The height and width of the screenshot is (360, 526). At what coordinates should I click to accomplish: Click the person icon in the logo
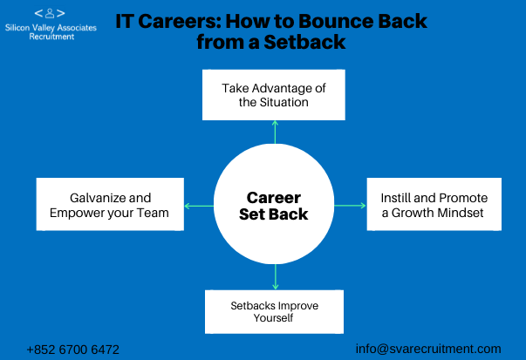click(x=50, y=13)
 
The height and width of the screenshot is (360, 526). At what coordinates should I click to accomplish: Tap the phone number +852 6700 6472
click(x=72, y=350)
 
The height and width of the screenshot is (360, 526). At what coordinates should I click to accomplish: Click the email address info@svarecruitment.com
click(x=428, y=349)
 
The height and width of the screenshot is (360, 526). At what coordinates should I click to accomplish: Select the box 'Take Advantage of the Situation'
click(x=274, y=95)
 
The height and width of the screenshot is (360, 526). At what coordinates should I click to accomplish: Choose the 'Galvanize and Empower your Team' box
click(x=110, y=204)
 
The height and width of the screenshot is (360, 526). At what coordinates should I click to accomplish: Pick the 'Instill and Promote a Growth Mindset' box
click(x=434, y=204)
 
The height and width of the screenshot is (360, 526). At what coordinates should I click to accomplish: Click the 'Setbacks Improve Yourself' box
click(x=275, y=312)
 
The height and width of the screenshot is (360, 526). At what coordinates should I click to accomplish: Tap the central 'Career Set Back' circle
click(x=274, y=204)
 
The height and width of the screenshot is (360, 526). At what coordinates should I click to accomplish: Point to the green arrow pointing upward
click(x=275, y=132)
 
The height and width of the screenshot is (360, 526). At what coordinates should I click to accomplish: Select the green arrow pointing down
click(x=276, y=277)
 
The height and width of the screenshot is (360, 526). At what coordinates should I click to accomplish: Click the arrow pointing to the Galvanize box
click(x=199, y=206)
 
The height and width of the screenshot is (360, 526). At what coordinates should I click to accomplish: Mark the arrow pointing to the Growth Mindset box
click(x=350, y=206)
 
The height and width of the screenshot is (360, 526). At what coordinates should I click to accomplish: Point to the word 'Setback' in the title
click(x=304, y=42)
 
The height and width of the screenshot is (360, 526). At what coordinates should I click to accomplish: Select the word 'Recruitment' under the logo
click(x=51, y=37)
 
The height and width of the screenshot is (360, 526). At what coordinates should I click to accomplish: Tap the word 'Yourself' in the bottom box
click(x=273, y=318)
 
